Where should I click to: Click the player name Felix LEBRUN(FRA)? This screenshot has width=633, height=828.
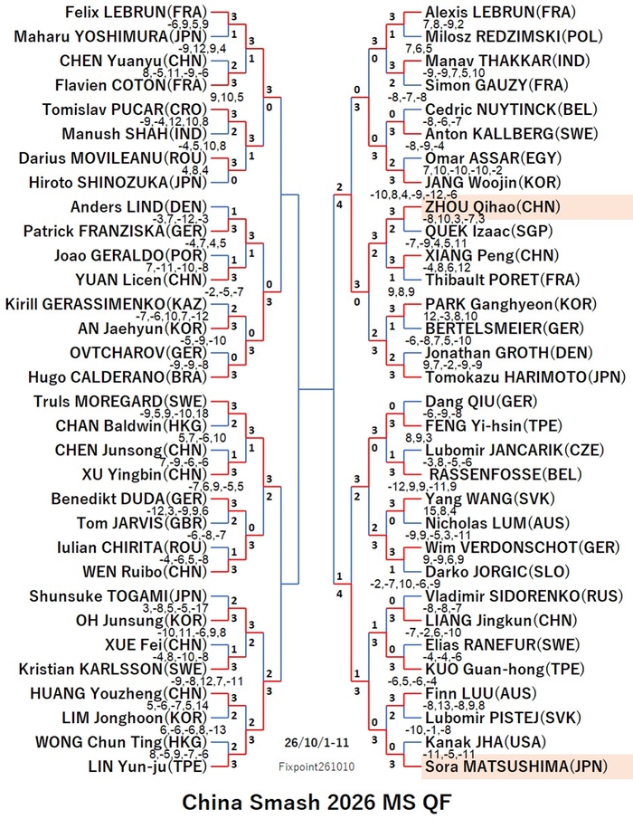136,12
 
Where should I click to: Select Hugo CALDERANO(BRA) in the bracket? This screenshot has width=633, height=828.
118,377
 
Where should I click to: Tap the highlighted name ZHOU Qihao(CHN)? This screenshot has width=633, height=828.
493,206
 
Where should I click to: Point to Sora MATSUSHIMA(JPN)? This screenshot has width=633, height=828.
516,766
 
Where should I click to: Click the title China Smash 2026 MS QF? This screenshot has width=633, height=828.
316,803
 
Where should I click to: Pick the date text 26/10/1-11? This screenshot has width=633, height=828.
316,742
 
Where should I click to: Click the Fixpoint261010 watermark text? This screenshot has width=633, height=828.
316,766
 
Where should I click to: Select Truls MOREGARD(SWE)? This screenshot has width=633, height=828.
121,401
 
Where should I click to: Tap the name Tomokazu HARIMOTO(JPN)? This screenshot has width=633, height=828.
525,377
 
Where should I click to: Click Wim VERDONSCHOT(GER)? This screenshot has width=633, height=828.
523,547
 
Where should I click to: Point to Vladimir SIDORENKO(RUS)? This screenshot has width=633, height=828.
524,595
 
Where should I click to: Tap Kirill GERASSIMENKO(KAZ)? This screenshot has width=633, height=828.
107,304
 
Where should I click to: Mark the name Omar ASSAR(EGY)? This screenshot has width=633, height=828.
493,157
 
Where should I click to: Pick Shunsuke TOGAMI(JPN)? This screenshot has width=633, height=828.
118,595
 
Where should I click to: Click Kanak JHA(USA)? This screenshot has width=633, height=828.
486,742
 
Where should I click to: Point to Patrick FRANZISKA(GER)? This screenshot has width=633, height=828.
116,232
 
